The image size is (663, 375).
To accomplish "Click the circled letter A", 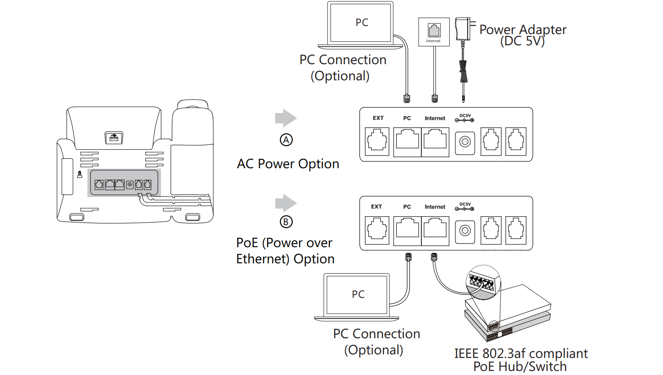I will coord(286,140).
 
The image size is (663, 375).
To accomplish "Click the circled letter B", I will coord(286,222).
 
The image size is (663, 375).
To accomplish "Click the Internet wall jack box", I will coord(434,32).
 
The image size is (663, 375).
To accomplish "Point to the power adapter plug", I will coord(464,29).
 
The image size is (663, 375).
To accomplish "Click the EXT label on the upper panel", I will coord(378,118).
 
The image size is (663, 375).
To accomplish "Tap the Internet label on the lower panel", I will coord(435,207).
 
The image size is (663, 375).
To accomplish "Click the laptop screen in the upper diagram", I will coord(361,22).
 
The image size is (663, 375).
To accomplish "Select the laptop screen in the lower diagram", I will coord(357,294).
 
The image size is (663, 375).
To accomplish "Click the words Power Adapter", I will coord(523,30).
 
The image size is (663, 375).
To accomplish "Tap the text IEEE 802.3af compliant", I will coord(521,353).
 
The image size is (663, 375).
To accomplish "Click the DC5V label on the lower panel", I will coord(465,205).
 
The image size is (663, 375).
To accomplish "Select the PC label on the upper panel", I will coord(407,118).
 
